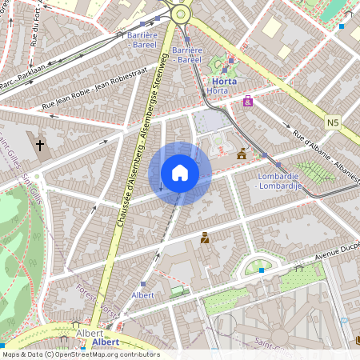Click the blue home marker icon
(180, 173)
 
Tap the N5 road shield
(334, 122)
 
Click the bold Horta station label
(224, 81)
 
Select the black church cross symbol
(40, 146)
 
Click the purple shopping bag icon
(248, 102)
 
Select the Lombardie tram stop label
(278, 181)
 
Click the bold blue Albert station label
(106, 342)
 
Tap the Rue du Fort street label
(35, 28)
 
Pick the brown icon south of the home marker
(205, 238)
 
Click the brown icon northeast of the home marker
(242, 154)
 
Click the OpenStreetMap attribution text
(80, 354)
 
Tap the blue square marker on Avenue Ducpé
(261, 270)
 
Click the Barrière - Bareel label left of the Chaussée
(142, 41)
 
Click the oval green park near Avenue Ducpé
(258, 265)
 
